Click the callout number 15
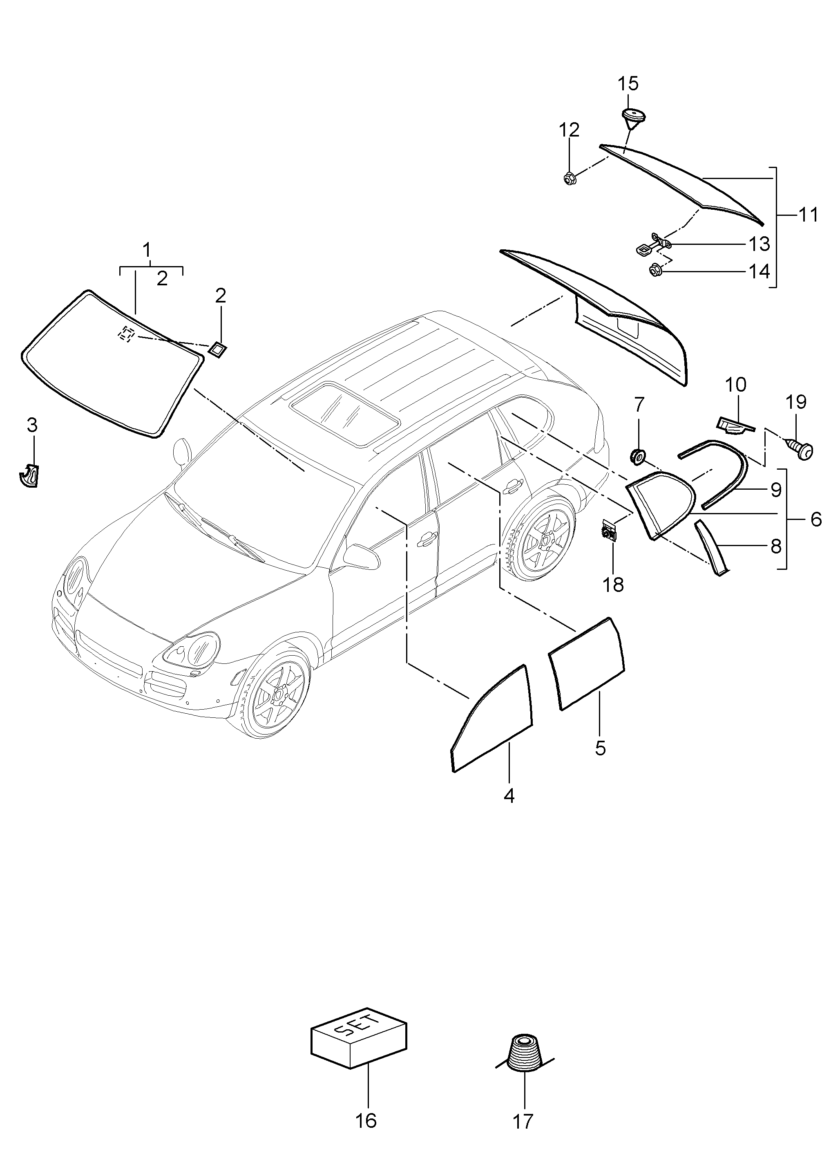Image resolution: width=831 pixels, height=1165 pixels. [x=628, y=83]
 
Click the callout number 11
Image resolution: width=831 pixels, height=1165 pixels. [x=809, y=215]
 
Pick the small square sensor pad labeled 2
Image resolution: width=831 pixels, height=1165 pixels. [x=217, y=350]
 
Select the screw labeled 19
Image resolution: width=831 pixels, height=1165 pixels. [x=800, y=449]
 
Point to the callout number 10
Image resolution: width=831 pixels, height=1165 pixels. [x=735, y=384]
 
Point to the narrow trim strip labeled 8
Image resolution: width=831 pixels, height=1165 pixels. [x=712, y=548]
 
